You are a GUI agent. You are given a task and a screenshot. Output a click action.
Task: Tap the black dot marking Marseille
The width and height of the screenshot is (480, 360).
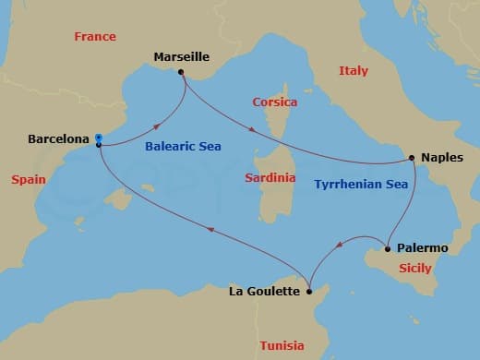(x=181, y=72)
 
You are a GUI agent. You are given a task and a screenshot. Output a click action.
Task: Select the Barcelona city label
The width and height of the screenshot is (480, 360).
(x=58, y=139)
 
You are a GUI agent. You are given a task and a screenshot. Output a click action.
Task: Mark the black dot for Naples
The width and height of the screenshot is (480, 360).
(x=412, y=158)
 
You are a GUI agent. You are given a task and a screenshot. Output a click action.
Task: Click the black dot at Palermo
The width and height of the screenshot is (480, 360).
(x=387, y=248)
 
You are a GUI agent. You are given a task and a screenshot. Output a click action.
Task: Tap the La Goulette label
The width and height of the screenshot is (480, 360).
(x=264, y=292)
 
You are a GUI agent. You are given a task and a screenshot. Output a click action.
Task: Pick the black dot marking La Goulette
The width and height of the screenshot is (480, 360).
(x=310, y=292)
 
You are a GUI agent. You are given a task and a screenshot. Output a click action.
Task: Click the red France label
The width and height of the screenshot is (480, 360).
(x=95, y=37)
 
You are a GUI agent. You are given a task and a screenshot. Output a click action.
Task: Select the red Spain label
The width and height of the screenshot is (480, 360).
(x=29, y=179)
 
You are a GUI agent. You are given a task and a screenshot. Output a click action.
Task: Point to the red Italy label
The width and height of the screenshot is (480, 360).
(x=353, y=70)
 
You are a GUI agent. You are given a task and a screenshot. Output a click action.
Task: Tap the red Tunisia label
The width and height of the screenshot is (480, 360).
(x=282, y=345)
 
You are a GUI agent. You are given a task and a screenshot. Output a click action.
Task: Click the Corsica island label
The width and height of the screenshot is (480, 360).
(x=273, y=102)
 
